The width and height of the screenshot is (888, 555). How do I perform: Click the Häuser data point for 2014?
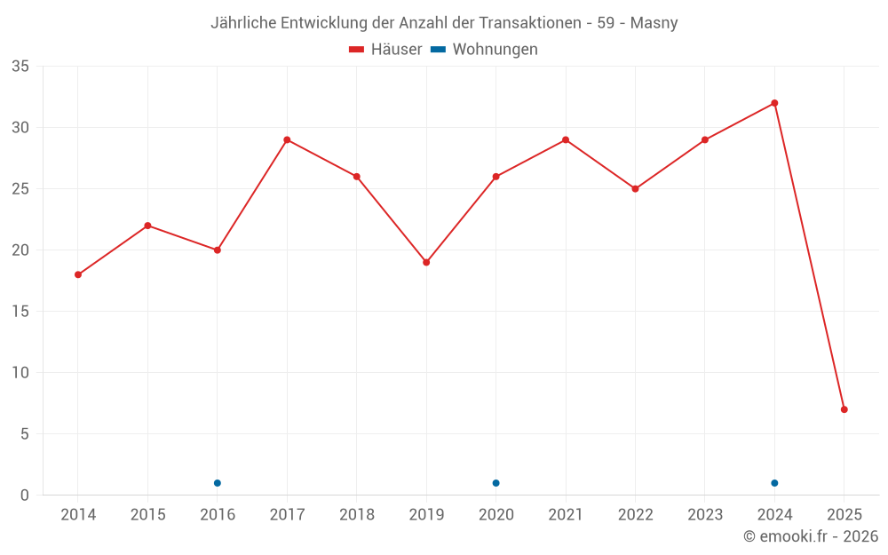tap(78, 274)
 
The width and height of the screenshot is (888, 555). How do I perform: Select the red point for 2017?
tap(287, 139)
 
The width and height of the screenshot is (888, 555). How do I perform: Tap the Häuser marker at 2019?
tap(426, 262)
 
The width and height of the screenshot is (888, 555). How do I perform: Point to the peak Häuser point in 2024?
tap(774, 103)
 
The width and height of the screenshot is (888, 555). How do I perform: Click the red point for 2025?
tap(844, 409)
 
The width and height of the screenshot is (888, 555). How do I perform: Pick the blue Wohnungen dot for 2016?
tap(218, 483)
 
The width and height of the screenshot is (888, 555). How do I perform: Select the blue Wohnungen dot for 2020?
tap(496, 483)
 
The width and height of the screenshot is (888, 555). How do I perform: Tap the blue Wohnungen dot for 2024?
tap(774, 483)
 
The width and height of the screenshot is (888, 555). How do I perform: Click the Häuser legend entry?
tap(385, 50)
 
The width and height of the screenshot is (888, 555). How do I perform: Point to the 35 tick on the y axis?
tap(20, 67)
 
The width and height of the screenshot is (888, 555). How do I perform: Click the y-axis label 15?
tap(20, 312)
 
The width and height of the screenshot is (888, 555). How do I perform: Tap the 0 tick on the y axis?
tap(25, 496)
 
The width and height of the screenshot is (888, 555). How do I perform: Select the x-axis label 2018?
tap(357, 515)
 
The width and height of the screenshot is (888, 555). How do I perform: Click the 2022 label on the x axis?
tap(635, 515)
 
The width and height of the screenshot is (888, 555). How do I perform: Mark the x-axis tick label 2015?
tap(147, 515)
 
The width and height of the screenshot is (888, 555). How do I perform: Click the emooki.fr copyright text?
tap(811, 536)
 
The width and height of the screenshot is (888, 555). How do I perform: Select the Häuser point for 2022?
tap(635, 189)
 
